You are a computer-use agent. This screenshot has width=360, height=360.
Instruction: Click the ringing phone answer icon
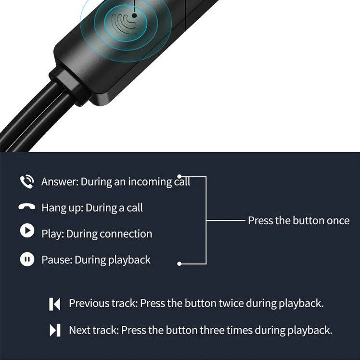[27, 181]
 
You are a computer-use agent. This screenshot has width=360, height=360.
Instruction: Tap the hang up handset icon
[27, 206]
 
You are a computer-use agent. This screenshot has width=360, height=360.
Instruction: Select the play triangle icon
[27, 230]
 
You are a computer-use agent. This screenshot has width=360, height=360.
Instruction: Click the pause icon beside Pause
[27, 259]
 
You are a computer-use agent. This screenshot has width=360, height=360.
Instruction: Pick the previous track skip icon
[54, 304]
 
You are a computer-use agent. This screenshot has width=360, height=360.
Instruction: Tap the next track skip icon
[55, 330]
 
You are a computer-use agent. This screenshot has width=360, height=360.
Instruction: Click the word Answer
[60, 181]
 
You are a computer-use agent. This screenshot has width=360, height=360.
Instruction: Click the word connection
[126, 234]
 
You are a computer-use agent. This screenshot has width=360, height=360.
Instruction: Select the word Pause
[57, 260]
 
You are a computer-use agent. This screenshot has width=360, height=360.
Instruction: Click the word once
[338, 220]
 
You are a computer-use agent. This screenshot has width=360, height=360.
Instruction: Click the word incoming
[150, 182]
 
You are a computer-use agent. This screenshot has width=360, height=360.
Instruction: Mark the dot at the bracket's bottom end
[180, 264]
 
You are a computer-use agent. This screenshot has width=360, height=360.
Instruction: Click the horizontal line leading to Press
[226, 220]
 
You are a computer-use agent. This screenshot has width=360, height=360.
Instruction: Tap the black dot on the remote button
[135, 15]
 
